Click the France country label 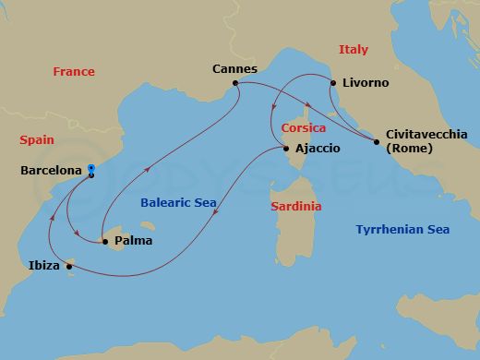tap(74, 71)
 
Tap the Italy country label tap(353, 49)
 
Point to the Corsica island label tap(303, 128)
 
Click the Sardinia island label tap(296, 207)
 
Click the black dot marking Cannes tap(236, 83)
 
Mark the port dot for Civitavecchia tap(377, 141)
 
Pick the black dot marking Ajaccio tap(286, 149)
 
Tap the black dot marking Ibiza tap(69, 266)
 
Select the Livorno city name tap(366, 83)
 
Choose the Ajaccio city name tap(318, 149)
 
